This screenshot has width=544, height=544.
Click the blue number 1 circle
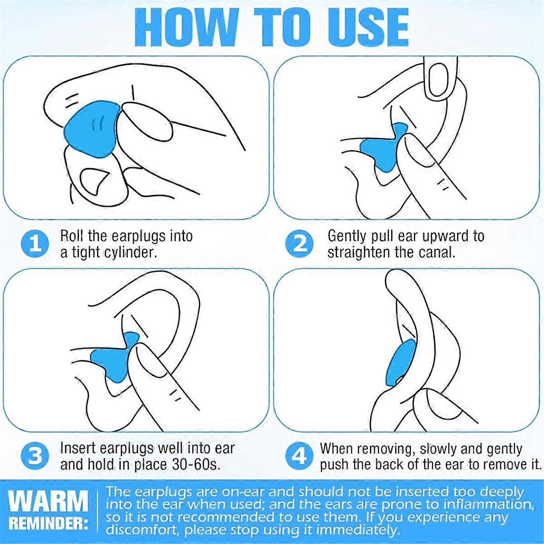click(35, 244)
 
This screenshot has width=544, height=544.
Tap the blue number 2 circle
click(299, 244)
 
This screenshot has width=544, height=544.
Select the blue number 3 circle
click(35, 457)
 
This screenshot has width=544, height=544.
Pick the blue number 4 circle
click(299, 457)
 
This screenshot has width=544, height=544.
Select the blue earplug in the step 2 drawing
click(384, 150)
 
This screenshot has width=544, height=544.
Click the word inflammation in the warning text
click(488, 505)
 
